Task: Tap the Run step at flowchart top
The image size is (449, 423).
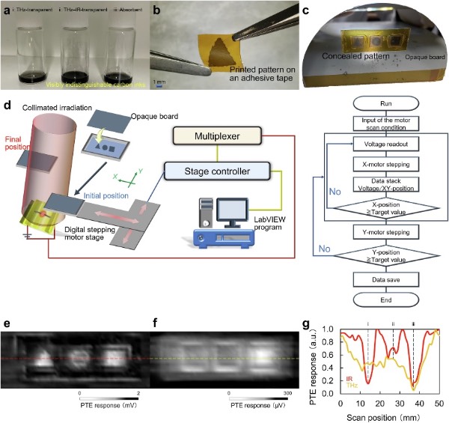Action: pos(376,102)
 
